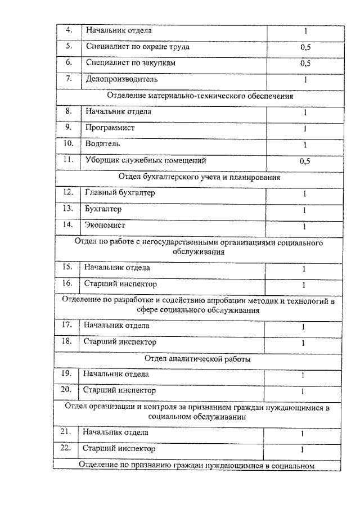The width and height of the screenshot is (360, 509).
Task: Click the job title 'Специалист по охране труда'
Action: (x=137, y=47)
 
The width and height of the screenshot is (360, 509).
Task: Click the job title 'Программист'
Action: (x=110, y=128)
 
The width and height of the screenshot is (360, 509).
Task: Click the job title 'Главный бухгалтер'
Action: (x=120, y=193)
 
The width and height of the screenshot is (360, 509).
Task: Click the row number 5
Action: (x=70, y=47)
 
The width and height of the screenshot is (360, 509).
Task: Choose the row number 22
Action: (x=67, y=449)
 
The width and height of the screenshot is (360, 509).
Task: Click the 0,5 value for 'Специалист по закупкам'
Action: (x=305, y=64)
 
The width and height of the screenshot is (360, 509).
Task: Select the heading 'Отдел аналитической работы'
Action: (x=198, y=358)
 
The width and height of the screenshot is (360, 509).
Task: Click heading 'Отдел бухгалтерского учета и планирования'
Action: (x=200, y=177)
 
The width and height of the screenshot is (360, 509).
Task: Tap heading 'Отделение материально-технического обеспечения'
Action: (x=200, y=96)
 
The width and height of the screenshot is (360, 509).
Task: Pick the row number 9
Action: (x=70, y=128)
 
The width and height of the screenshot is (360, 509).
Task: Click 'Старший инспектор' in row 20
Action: (x=119, y=390)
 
